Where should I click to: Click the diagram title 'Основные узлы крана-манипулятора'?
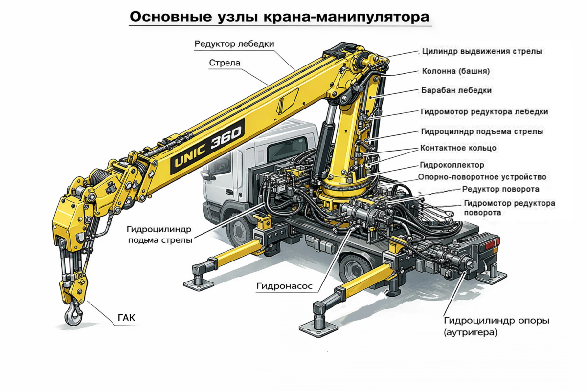(x=279, y=17)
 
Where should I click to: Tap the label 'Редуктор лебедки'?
(x=234, y=44)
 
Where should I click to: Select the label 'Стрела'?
(x=225, y=63)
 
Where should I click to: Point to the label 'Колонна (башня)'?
(x=456, y=71)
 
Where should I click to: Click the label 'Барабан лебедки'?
(x=456, y=90)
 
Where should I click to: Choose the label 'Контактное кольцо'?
(x=458, y=148)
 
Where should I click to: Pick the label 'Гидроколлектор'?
(x=452, y=165)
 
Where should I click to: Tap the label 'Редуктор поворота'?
(x=500, y=189)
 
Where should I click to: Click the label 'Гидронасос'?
(x=284, y=286)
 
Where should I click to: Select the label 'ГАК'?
(x=126, y=318)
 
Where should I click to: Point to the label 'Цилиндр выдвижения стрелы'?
(x=482, y=51)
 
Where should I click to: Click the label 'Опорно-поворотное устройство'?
(x=482, y=177)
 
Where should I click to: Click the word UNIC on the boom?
(x=190, y=156)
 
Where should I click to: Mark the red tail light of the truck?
(x=492, y=243)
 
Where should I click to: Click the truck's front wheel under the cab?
(x=239, y=231)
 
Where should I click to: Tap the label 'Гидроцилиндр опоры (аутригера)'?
(x=497, y=326)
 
